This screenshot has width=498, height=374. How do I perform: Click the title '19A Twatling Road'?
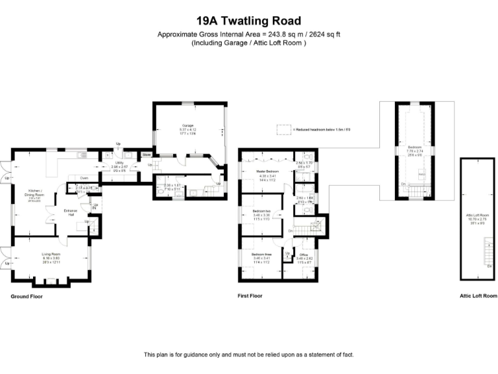(248, 21)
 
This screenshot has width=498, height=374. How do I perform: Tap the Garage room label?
(188, 125)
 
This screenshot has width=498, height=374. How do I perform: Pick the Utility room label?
(119, 162)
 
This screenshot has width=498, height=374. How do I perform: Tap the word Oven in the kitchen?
(84, 177)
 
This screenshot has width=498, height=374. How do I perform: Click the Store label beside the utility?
(147, 155)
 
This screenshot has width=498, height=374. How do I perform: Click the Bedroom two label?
(262, 212)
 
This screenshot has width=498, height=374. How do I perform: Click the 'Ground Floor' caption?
(27, 296)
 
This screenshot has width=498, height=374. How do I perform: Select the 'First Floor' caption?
(250, 296)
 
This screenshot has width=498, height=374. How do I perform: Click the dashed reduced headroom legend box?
(282, 129)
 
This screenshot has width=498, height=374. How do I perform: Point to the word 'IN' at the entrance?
(95, 208)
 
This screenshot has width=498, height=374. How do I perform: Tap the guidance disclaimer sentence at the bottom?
(248, 355)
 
